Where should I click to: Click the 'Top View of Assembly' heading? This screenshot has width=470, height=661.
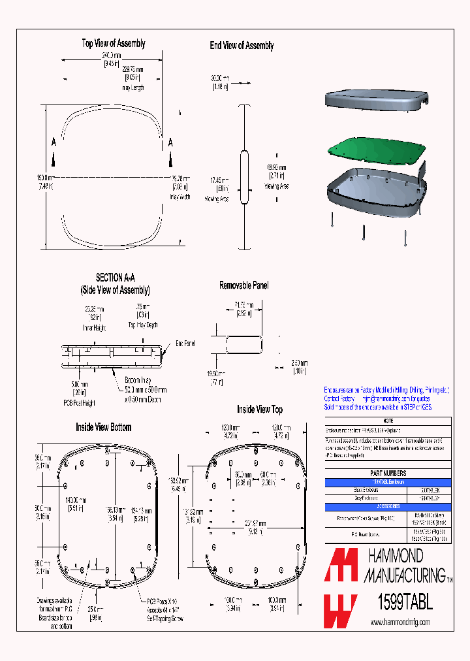point(114,44)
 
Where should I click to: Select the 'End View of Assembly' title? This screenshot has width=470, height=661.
point(242,46)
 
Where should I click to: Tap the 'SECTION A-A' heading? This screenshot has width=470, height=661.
point(115,278)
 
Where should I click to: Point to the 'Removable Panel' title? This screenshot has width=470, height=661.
point(243,285)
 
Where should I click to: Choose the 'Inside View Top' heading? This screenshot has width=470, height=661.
point(259,410)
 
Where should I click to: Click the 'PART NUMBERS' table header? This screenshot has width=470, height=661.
point(388,473)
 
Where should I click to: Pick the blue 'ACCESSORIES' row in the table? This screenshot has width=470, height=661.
point(388,506)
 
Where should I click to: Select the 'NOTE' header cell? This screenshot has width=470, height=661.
point(388,421)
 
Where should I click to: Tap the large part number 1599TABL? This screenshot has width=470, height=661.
point(405,602)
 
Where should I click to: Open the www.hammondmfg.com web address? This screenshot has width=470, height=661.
point(400,623)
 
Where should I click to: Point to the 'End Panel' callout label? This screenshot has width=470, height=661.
point(185,342)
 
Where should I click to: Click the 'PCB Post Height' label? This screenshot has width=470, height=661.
point(79,402)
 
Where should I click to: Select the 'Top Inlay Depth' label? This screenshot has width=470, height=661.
point(143,325)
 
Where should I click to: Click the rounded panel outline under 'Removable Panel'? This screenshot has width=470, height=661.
point(243,344)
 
